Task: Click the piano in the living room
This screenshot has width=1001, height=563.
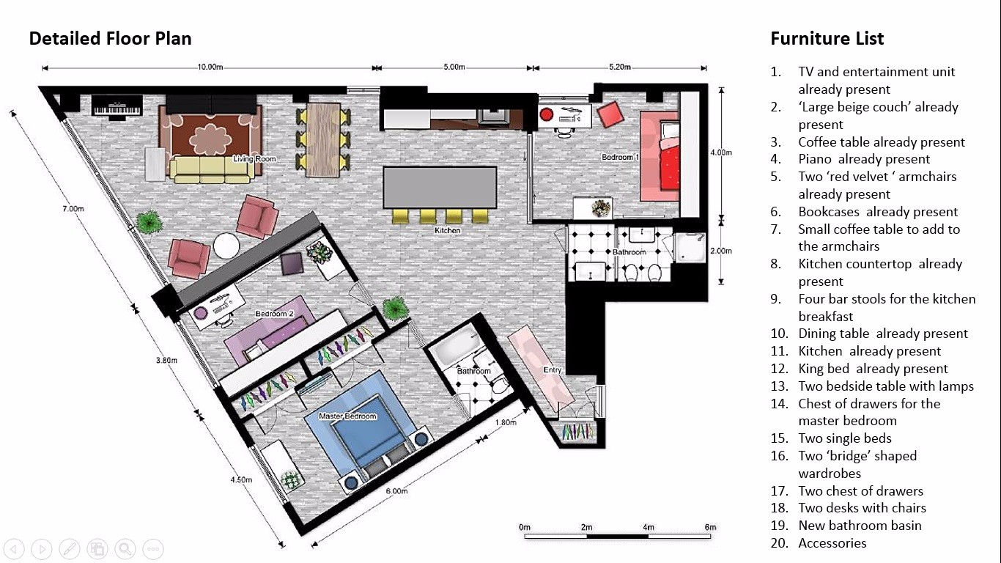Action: [117, 106]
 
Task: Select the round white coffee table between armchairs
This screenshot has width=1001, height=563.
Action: [226, 246]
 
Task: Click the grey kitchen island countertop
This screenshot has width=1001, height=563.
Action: [440, 188]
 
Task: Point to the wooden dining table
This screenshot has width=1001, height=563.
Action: [324, 140]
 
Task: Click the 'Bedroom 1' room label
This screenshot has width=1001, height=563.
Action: [620, 157]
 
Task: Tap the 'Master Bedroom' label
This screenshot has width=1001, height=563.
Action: [347, 416]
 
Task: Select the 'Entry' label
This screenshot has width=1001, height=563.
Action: [552, 369]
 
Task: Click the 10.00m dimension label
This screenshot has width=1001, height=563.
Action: [210, 67]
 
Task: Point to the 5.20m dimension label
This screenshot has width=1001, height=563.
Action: [620, 67]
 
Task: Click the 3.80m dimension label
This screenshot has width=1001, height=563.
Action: [166, 360]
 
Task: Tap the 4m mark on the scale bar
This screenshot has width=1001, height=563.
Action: [649, 527]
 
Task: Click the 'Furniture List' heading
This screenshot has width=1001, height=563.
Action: [827, 38]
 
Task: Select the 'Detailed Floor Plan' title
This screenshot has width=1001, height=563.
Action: [111, 38]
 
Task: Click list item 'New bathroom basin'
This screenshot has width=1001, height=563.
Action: [860, 526]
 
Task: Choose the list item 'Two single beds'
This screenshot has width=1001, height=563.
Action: [845, 438]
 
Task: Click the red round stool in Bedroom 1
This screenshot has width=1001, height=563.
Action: [546, 114]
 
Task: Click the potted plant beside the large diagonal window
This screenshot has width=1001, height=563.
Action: [149, 222]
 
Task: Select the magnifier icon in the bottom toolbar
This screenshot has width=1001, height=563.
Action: [125, 548]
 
